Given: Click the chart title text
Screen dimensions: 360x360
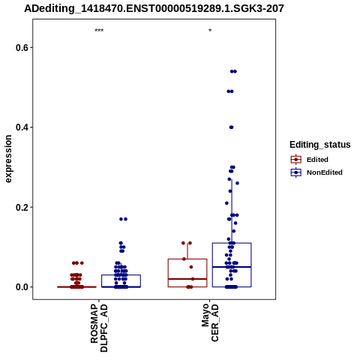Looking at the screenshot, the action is coord(154,8).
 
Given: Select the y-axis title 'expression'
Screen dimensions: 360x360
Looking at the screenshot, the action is coord(8,159).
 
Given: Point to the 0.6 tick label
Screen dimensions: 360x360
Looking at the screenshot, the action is coord(21,47).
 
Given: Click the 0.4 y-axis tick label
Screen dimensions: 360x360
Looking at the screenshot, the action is coord(21,127).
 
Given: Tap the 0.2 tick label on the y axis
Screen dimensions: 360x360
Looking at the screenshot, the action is coord(21,207).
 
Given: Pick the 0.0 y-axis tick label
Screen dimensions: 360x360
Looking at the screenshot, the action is coord(21,287).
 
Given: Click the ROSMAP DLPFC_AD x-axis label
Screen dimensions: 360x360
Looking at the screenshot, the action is coord(99,328).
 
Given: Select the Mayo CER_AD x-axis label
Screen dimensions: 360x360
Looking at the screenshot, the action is coord(210,322).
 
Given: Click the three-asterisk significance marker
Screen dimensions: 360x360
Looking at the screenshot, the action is coord(99,31).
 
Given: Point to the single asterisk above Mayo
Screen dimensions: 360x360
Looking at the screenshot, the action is coord(210,31).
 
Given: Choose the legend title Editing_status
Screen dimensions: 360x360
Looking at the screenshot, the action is coord(320,145).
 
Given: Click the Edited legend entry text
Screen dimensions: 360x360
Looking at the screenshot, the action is coord(317,160).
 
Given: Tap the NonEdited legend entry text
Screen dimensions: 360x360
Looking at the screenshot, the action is coord(325,172).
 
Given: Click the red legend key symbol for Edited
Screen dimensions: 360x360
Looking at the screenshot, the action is coord(296,159).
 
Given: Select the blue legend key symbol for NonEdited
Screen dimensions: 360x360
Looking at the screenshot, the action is coord(296,172).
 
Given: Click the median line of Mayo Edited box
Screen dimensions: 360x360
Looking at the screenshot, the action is coord(187,279).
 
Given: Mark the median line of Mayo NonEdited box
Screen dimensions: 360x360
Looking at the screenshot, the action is coord(232,267).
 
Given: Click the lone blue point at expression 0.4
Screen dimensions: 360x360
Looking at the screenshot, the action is coord(231,127).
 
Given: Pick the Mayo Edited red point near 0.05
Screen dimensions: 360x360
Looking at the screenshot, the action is coord(191,267).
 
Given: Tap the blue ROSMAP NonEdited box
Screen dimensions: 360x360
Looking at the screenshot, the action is coord(121,275).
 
